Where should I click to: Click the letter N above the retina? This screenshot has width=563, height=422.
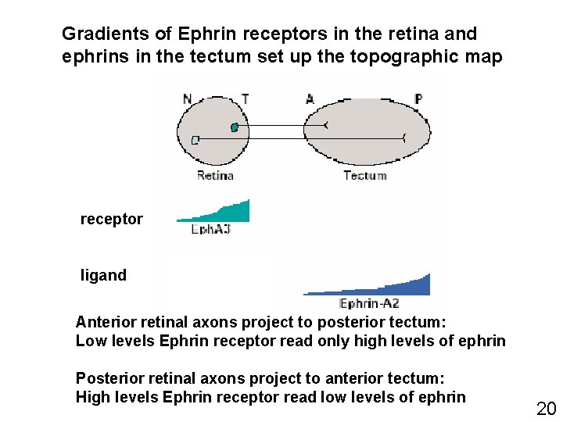tap(187, 99)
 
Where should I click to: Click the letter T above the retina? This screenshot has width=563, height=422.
tap(245, 99)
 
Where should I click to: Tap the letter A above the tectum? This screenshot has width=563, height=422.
tap(310, 99)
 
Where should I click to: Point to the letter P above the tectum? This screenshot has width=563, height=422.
tap(418, 99)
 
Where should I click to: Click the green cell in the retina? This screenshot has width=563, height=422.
tap(234, 127)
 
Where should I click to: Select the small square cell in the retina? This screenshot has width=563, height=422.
tap(195, 140)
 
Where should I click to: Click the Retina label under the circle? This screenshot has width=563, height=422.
tap(215, 176)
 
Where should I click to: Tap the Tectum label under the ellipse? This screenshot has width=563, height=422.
tap(365, 176)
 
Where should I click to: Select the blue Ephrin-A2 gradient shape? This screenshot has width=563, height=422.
tap(391, 286)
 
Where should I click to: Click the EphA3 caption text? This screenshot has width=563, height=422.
tap(211, 230)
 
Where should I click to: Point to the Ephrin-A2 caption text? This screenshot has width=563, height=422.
tap(369, 304)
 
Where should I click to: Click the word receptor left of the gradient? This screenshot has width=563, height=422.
tap(112, 220)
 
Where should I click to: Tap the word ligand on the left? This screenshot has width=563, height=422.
tap(103, 275)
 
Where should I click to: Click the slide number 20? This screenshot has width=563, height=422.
tap(545, 407)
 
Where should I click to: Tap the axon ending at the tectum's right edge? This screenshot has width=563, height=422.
tap(403, 139)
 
